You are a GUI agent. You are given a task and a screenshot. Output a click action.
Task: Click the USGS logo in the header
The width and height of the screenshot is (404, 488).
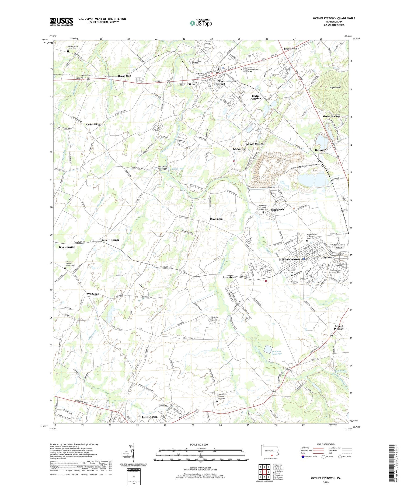point(61,22)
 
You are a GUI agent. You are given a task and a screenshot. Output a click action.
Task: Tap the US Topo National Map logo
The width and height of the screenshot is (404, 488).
point(201,23)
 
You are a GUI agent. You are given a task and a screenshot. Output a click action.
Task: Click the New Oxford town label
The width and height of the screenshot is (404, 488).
point(221,83)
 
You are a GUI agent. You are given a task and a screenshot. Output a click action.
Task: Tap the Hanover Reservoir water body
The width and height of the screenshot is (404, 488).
point(268,349)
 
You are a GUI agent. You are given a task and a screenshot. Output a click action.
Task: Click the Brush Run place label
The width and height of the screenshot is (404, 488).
point(124,76)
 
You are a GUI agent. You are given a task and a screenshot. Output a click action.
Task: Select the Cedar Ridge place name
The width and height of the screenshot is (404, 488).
point(94,124)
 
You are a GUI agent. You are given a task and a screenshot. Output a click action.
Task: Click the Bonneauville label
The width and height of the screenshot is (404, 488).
point(67,247)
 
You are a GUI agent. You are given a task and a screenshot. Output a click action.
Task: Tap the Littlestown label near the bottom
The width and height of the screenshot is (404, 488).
point(149,417)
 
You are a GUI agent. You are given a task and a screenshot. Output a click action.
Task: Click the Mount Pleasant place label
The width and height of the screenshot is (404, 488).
point(339,327)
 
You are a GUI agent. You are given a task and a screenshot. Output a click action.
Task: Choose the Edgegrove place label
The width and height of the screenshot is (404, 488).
point(277,210)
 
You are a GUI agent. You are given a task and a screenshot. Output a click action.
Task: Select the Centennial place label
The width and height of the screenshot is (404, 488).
point(217,219)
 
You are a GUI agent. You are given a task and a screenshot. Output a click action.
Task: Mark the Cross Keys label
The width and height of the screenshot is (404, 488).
point(291,49)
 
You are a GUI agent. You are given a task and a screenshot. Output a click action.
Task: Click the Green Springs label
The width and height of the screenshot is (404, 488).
point(332,116)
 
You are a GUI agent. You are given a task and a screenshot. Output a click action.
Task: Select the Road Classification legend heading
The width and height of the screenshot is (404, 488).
point(326,444)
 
